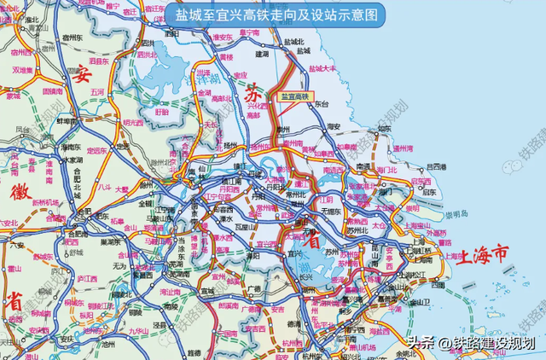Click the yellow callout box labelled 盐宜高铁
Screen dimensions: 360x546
pyautogui.click(x=295, y=96)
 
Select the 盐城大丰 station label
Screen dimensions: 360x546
pyautogui.click(x=322, y=68)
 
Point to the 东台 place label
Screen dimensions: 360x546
pyautogui.click(x=321, y=103)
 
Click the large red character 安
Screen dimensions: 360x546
pyautogui.click(x=82, y=73)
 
